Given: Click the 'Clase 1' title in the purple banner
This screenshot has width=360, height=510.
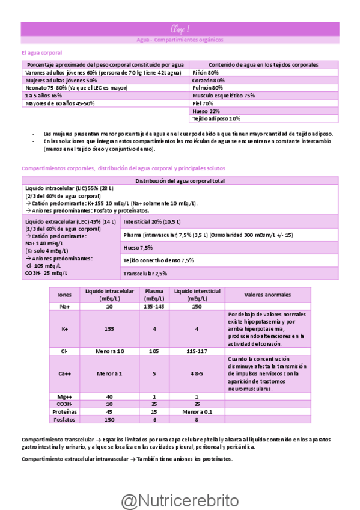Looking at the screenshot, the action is [180, 28].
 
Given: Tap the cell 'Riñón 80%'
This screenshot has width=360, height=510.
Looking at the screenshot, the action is [205, 72].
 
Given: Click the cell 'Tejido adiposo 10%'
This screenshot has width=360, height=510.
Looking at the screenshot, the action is [216, 119].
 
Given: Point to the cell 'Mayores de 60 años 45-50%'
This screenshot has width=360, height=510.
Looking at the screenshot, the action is [59, 103].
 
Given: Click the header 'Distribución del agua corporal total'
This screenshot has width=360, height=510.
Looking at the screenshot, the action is [180, 181].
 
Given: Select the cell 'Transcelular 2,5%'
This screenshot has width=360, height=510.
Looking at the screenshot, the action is [145, 274].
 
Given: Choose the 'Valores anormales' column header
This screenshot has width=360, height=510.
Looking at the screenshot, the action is [268, 295].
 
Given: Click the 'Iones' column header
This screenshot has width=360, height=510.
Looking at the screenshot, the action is [64, 295].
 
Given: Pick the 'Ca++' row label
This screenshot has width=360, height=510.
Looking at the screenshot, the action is [64, 373].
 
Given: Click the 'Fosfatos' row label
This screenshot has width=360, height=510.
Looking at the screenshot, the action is [64, 419].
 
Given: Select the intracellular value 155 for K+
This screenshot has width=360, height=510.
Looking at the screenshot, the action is [109, 330].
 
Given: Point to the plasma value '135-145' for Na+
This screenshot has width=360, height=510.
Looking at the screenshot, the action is [154, 306].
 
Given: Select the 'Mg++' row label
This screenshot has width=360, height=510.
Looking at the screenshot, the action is [64, 396].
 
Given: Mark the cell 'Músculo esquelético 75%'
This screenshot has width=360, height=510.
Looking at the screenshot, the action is [224, 96].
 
